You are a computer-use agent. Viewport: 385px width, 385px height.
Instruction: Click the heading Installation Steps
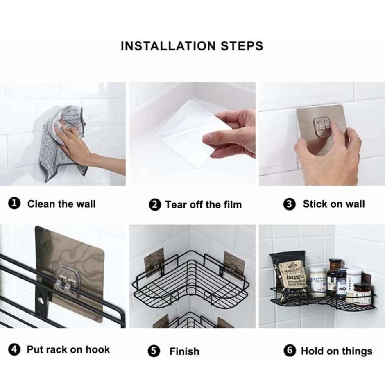pyautogui.click(x=192, y=46)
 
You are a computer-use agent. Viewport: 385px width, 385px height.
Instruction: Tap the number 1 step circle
pyautogui.click(x=14, y=204)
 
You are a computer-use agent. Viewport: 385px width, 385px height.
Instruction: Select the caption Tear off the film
pyautogui.click(x=203, y=204)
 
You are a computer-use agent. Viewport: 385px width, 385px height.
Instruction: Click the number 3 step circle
pyautogui.click(x=290, y=204)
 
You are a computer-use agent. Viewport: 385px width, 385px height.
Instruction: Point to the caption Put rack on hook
pyautogui.click(x=68, y=349)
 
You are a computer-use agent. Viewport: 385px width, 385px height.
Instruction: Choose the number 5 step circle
pyautogui.click(x=154, y=351)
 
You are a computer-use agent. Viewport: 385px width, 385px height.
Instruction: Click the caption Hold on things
pyautogui.click(x=336, y=351)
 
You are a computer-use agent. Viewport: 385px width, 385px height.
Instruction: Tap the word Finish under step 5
pyautogui.click(x=184, y=351)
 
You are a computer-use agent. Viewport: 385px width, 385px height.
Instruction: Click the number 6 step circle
pyautogui.click(x=290, y=351)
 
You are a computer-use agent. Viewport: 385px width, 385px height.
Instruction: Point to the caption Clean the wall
pyautogui.click(x=61, y=204)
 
